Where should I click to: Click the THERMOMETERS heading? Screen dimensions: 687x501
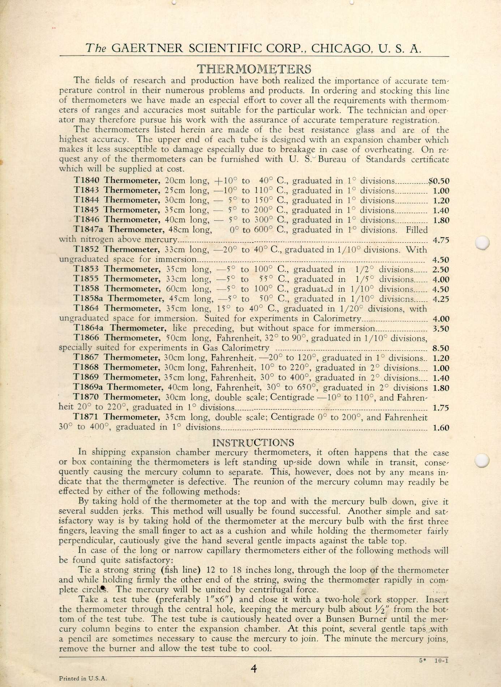pyautogui.click(x=254, y=69)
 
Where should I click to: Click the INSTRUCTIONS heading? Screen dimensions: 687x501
pyautogui.click(x=253, y=442)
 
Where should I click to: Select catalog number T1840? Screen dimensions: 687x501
pyautogui.click(x=87, y=180)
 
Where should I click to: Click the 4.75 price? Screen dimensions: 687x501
pyautogui.click(x=441, y=240)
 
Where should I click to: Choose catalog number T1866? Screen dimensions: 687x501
pyautogui.click(x=87, y=338)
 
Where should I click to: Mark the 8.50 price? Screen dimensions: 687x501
pyautogui.click(x=441, y=348)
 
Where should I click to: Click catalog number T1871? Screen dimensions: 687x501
pyautogui.click(x=87, y=417)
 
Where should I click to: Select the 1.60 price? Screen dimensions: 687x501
pyautogui.click(x=441, y=428)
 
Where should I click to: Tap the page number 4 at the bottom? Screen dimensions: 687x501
pyautogui.click(x=253, y=669)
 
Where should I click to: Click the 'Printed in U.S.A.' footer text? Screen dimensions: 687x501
pyautogui.click(x=83, y=678)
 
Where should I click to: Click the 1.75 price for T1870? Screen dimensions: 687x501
pyautogui.click(x=441, y=408)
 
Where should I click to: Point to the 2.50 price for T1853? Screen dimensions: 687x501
pyautogui.click(x=441, y=270)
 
